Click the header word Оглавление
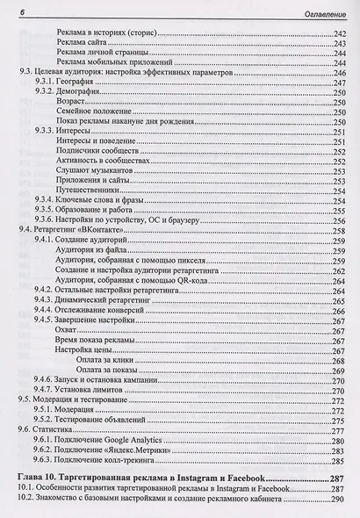coord(319,10)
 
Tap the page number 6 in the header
coord(20,10)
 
